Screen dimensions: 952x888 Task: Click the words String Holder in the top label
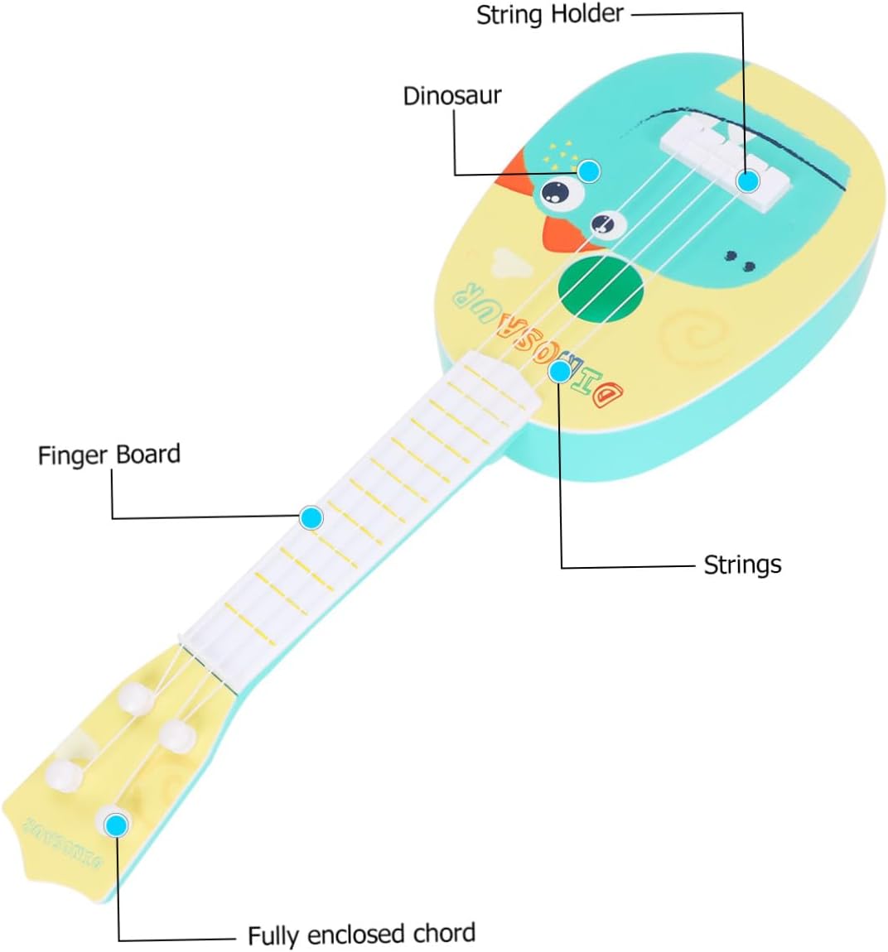tap(549, 14)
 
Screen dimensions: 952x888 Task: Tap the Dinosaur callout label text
tap(451, 95)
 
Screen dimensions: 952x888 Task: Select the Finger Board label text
tap(109, 454)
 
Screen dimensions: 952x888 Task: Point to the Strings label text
tap(742, 565)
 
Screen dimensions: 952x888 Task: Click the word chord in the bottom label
tap(443, 934)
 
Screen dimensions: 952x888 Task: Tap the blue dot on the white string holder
tap(748, 180)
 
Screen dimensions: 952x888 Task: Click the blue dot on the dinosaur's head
tap(589, 171)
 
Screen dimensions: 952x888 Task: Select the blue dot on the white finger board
tap(311, 518)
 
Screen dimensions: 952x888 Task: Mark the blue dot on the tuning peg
tap(117, 825)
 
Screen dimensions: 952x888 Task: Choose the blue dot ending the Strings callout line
tap(560, 371)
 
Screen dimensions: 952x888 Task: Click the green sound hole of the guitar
tap(601, 286)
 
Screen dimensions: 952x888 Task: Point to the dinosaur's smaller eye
tap(605, 223)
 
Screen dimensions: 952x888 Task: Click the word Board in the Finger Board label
tap(147, 454)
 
